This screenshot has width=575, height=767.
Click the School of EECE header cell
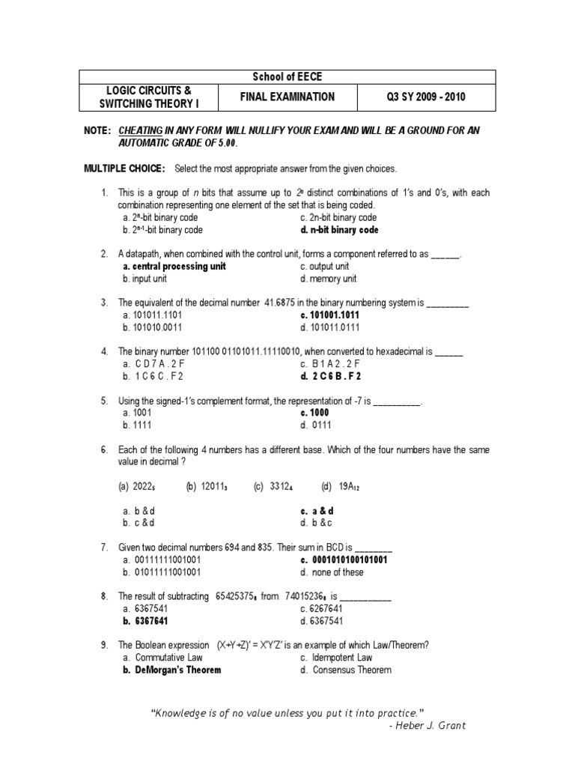point(288,77)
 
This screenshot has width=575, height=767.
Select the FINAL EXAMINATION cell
point(287,97)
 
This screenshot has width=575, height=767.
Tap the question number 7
point(104,548)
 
